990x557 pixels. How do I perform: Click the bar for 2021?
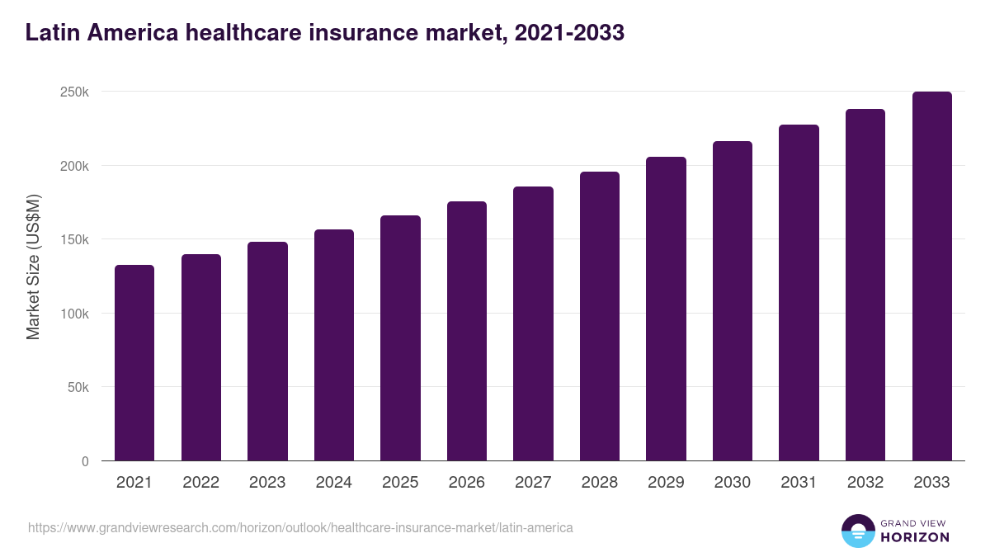pyautogui.click(x=134, y=363)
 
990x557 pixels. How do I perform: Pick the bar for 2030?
pyautogui.click(x=733, y=301)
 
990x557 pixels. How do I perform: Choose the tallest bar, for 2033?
pyautogui.click(x=931, y=276)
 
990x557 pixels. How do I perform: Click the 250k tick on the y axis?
pyautogui.click(x=75, y=92)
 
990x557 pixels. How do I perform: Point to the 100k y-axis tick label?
pyautogui.click(x=75, y=314)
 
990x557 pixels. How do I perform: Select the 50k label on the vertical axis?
pyautogui.click(x=78, y=387)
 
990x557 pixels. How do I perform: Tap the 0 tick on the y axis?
pyautogui.click(x=85, y=461)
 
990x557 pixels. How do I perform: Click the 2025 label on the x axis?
pyautogui.click(x=400, y=483)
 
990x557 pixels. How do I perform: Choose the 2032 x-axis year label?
pyautogui.click(x=865, y=483)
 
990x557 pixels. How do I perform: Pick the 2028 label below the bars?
pyautogui.click(x=600, y=483)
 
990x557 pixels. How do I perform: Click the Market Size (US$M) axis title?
pyautogui.click(x=33, y=267)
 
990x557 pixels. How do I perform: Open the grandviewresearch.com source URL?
pyautogui.click(x=300, y=527)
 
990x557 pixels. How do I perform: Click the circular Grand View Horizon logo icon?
pyautogui.click(x=858, y=531)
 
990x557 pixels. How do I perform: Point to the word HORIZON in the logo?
pyautogui.click(x=916, y=537)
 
